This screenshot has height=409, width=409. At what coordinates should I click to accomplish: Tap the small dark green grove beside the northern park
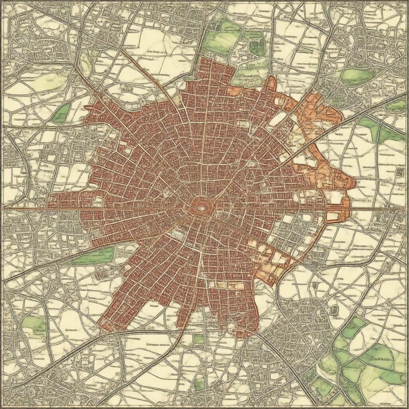coord(257,47)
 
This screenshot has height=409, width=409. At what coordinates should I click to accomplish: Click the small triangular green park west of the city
coord(62,113)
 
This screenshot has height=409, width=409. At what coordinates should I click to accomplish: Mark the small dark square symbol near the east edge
coord(400,172)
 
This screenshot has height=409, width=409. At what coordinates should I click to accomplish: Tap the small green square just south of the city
coord(199,339)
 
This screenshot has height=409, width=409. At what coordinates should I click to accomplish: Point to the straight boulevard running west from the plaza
coord(120,208)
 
